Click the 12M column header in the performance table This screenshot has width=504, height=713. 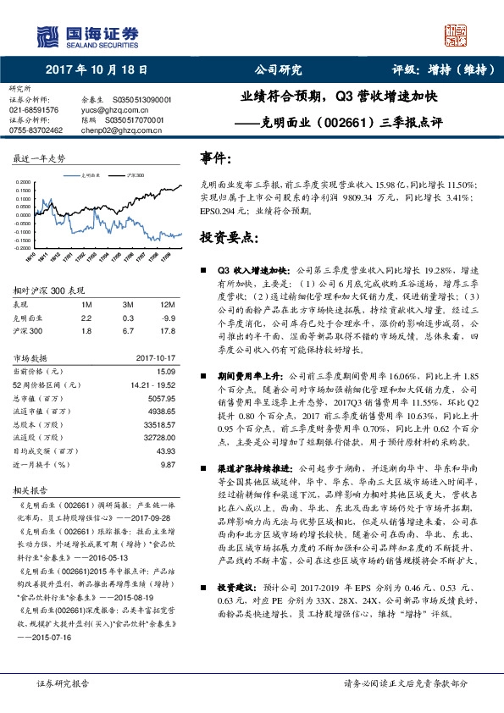tap(166, 304)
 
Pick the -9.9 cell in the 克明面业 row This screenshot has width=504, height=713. tap(167, 317)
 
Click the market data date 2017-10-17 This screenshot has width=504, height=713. tap(154, 358)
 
